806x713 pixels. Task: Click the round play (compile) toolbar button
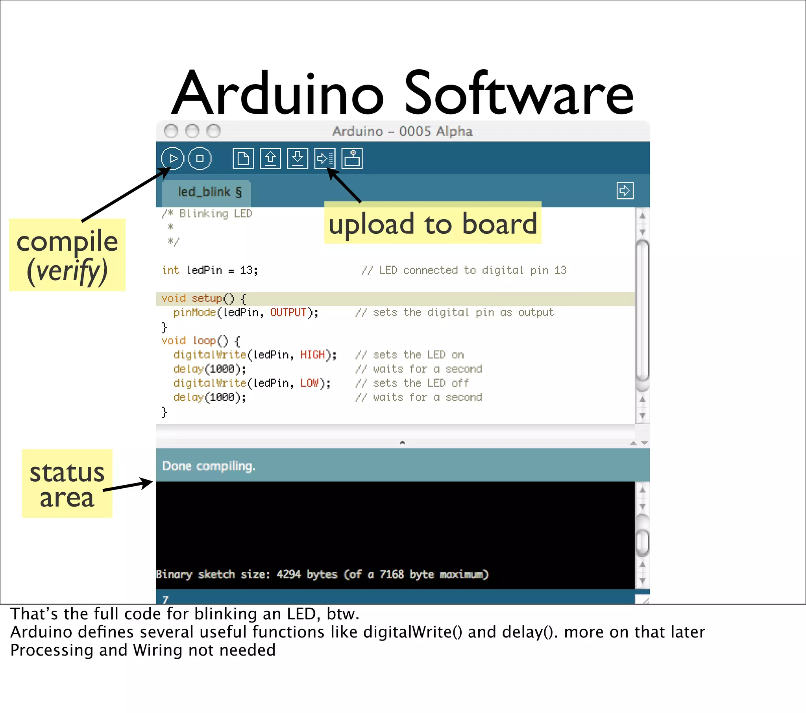click(x=172, y=158)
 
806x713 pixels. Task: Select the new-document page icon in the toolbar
click(x=243, y=159)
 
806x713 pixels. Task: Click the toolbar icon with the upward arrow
click(x=270, y=159)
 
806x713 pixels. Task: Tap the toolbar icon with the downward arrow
click(x=297, y=159)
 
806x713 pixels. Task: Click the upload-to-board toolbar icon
click(x=325, y=159)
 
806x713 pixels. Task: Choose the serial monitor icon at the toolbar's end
click(x=352, y=159)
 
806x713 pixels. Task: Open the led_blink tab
click(x=209, y=192)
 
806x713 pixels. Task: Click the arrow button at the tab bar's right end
click(x=625, y=191)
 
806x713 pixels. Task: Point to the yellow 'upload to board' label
click(x=433, y=223)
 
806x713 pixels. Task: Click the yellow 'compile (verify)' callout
click(x=67, y=255)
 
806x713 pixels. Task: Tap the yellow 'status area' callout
click(x=67, y=484)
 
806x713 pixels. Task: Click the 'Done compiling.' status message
click(x=209, y=466)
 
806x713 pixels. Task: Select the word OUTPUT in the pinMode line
click(x=288, y=313)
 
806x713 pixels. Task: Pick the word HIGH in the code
click(x=312, y=355)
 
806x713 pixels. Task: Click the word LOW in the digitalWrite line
click(x=309, y=383)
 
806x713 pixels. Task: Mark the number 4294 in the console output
click(x=288, y=574)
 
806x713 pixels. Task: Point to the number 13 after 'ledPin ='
click(x=246, y=270)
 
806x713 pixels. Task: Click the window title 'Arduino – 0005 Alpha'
click(x=402, y=131)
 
